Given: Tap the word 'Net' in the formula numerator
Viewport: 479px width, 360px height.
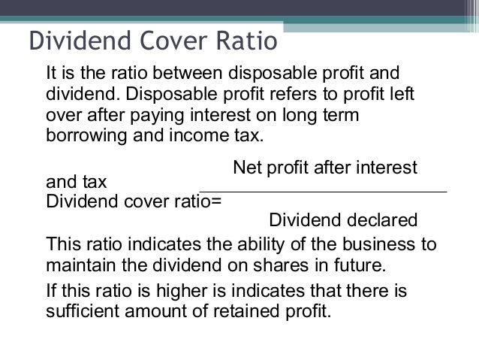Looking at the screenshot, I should click(247, 166).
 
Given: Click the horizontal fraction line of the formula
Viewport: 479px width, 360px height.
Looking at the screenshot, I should click(323, 193).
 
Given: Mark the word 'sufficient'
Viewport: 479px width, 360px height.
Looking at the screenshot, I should click(80, 310).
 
